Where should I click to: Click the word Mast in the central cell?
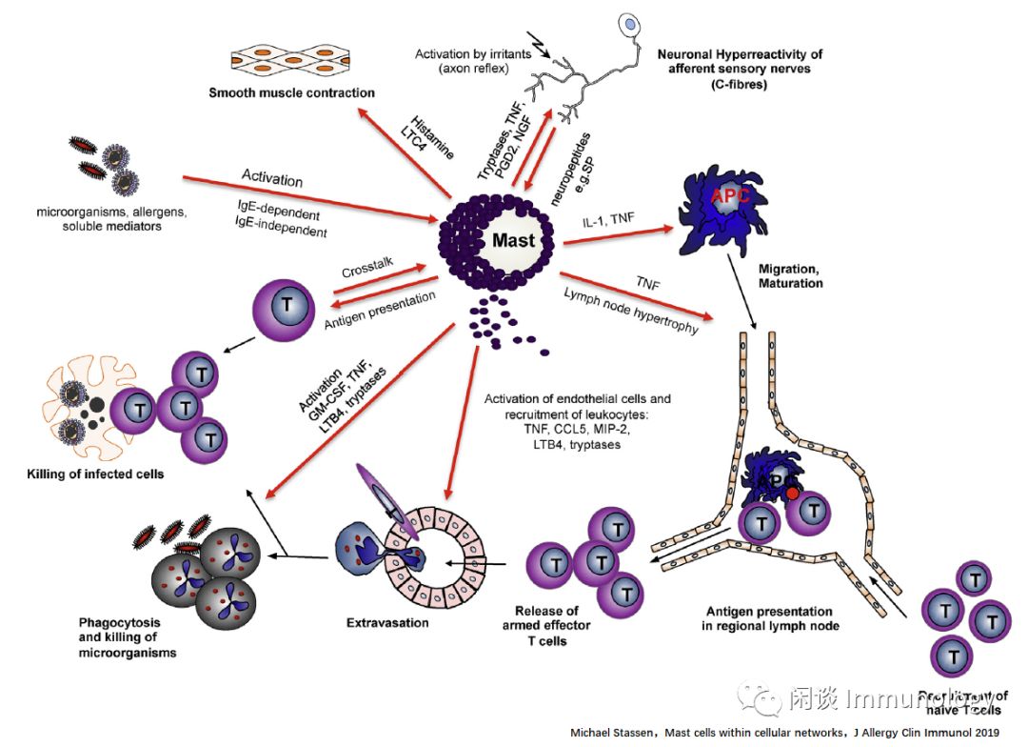tap(513, 240)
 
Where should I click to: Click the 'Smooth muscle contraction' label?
tap(292, 92)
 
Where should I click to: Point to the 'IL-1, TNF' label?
tap(608, 220)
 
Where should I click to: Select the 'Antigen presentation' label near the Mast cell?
tap(379, 311)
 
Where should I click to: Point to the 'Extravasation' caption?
tap(387, 623)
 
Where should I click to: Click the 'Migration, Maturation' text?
tap(791, 276)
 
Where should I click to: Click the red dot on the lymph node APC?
tap(792, 494)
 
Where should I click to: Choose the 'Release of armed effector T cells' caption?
tap(546, 625)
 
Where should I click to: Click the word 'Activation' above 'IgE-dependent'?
tap(272, 180)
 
